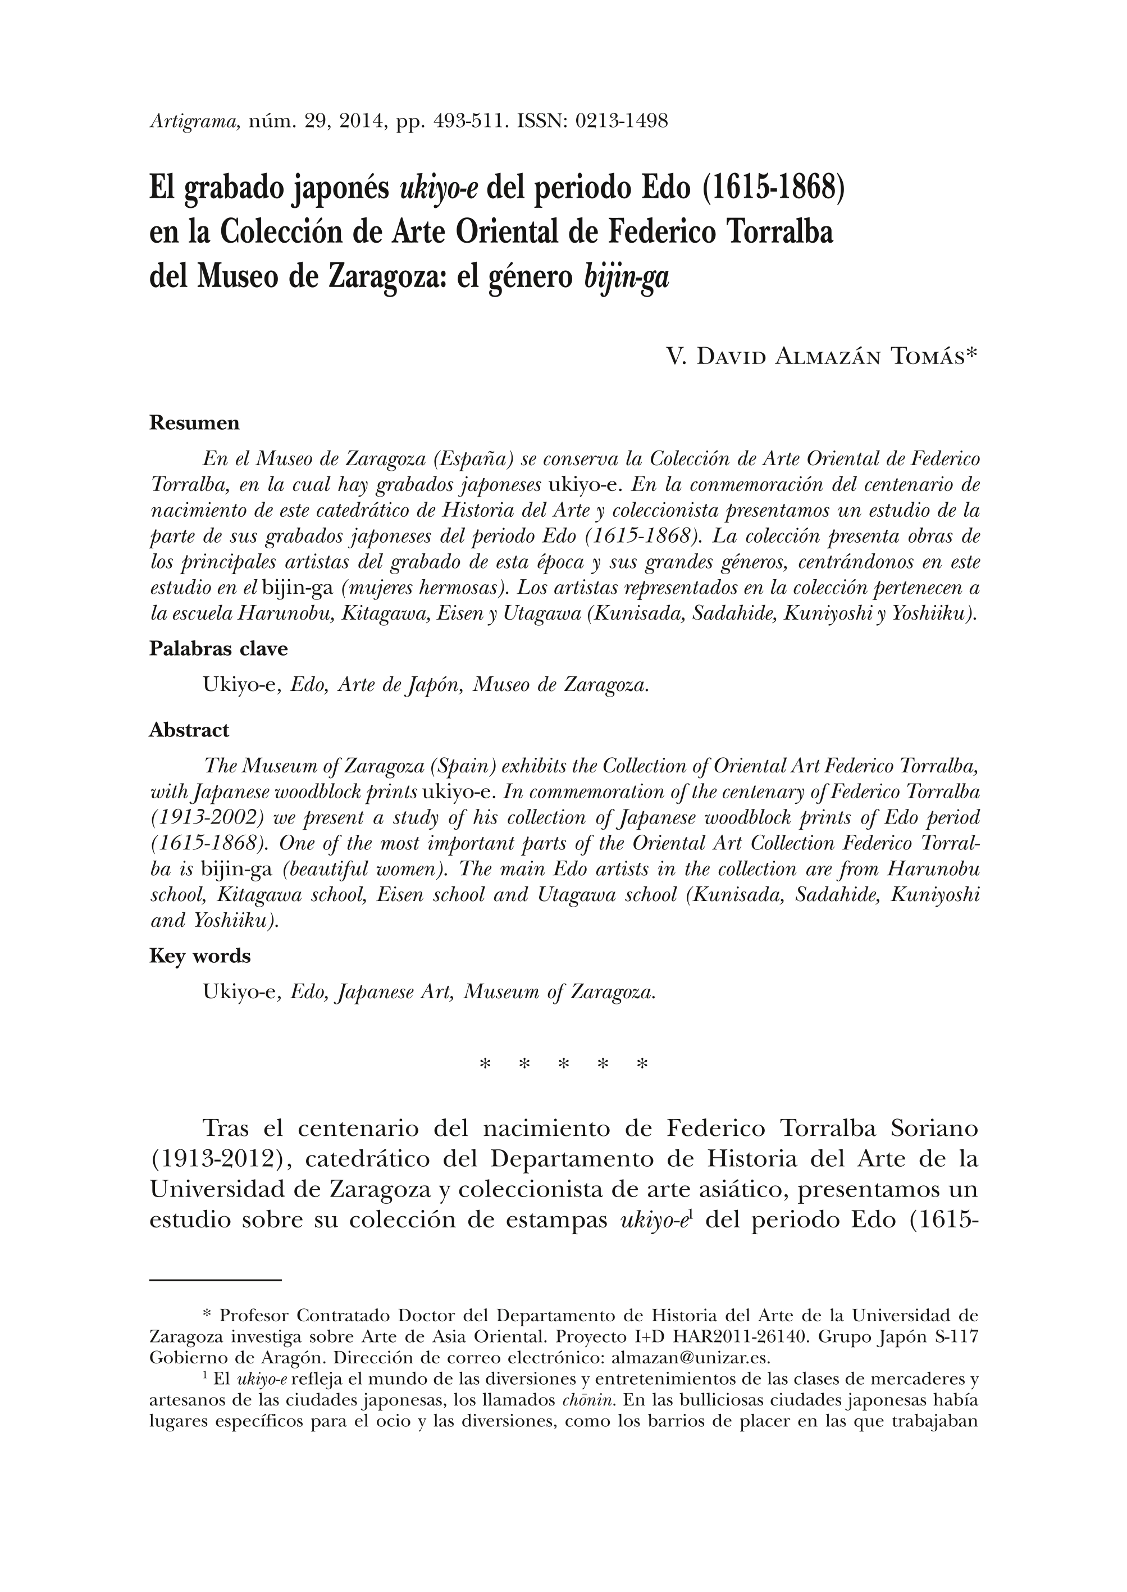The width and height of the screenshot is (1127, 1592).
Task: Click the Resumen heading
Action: [x=194, y=423]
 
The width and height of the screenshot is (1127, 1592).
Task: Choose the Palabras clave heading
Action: [x=218, y=649]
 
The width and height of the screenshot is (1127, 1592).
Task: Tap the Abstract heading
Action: [x=189, y=730]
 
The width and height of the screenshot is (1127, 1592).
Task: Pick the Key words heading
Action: [x=200, y=956]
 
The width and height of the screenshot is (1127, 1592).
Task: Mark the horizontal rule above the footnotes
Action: [x=215, y=1280]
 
